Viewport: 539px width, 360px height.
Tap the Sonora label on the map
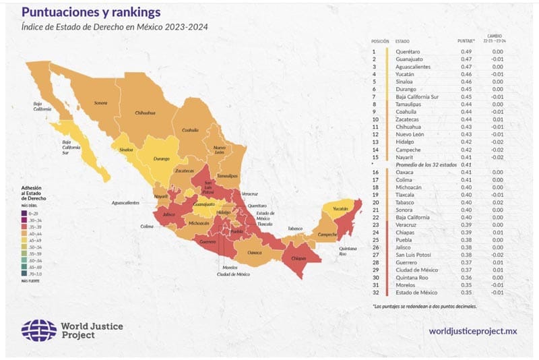tap(100, 103)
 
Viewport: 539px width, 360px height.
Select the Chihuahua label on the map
tap(146, 113)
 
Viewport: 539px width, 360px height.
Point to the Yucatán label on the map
tap(340, 209)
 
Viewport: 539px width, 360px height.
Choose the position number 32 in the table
tap(374, 293)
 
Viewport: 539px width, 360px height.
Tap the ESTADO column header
tap(403, 41)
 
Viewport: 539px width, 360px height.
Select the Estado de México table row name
tap(416, 293)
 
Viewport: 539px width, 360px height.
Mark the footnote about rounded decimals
tap(424, 307)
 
